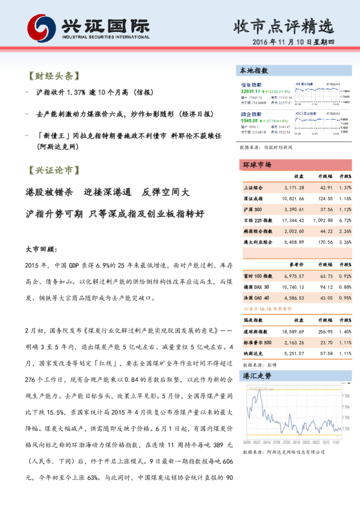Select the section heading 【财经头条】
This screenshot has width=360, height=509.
click(53, 77)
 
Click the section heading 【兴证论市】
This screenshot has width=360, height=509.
click(53, 171)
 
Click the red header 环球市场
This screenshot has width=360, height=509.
click(257, 165)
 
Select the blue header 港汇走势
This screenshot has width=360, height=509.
click(257, 376)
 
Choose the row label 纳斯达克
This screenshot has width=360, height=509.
click(254, 354)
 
